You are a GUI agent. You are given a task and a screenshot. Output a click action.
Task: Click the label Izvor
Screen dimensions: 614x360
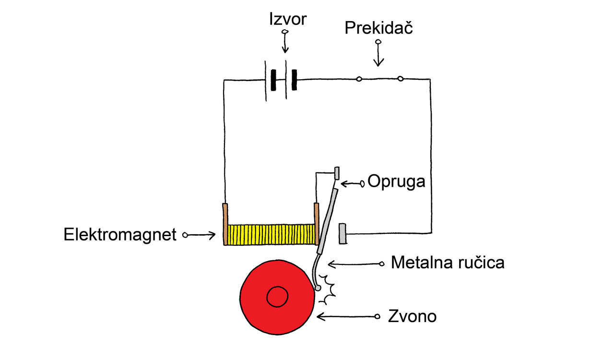point(288,19)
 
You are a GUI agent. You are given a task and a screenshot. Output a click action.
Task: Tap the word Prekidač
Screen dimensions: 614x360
point(378,27)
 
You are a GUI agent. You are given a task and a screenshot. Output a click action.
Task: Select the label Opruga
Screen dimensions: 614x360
point(396,181)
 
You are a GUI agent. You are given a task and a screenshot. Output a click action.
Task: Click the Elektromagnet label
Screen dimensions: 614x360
point(120,235)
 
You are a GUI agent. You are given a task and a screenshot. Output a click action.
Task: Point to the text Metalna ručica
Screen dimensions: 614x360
point(448,262)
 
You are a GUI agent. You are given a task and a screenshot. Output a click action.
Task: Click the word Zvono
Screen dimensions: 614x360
point(412,316)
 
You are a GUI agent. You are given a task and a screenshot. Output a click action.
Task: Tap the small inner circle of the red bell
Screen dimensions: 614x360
point(277,297)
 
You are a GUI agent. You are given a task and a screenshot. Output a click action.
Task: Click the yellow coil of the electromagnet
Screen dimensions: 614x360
point(271,235)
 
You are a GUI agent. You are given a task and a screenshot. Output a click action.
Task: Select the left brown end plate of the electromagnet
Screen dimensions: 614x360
point(225,224)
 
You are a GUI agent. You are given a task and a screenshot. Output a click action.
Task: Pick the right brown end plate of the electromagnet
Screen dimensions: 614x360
point(317,224)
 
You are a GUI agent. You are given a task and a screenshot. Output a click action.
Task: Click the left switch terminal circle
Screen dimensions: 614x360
point(359,79)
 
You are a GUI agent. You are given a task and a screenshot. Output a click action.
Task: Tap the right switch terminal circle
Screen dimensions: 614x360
point(401,79)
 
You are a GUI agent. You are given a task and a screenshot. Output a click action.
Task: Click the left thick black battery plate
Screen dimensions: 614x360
point(273,80)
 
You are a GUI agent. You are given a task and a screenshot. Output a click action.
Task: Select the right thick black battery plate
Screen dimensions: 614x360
point(295,80)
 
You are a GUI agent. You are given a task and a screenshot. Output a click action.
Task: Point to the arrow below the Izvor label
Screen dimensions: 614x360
point(285,41)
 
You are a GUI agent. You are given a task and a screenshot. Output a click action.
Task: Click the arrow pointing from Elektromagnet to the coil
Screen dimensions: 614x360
point(199,235)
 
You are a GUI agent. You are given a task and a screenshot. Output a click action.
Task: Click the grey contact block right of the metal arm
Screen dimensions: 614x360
point(342,233)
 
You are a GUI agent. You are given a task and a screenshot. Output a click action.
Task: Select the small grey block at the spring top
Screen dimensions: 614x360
point(337,173)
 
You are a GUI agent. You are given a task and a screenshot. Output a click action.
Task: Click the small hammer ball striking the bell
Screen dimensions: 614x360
point(318,288)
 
